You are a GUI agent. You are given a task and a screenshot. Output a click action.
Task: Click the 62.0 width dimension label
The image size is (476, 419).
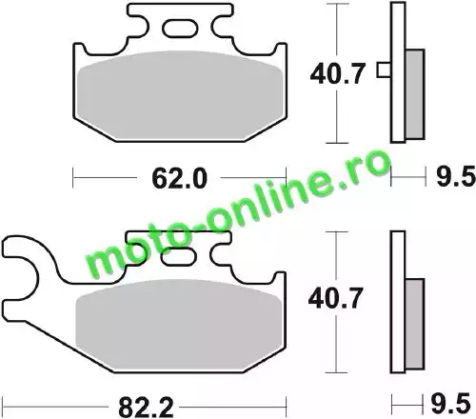(179, 178)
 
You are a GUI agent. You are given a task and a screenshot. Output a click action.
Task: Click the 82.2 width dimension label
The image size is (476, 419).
(146, 408)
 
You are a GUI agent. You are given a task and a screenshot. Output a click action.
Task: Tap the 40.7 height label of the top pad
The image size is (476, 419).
(338, 73)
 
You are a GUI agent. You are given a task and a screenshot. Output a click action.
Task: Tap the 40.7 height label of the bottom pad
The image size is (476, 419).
(335, 298)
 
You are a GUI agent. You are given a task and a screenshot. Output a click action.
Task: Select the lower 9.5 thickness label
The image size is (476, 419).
(450, 404)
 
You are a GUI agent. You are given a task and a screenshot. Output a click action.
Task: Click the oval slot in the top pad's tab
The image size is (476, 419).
(180, 29)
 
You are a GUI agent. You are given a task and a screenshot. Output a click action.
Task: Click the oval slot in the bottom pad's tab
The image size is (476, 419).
(179, 256)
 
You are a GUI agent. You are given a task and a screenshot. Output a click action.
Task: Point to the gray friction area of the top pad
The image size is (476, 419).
(180, 95)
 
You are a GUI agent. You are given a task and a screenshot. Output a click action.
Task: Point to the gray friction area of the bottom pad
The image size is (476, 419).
(179, 324)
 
